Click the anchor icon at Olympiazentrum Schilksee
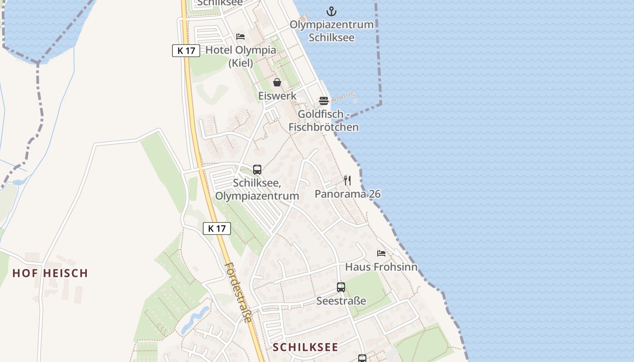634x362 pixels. (332, 11)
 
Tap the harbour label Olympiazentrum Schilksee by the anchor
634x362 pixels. (332, 31)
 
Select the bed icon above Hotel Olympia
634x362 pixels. (240, 37)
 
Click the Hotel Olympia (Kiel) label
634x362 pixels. (240, 56)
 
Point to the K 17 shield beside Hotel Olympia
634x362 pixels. (186, 51)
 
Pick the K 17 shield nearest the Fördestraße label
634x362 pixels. (217, 229)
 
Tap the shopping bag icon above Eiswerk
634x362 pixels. (277, 82)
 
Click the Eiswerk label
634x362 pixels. (277, 96)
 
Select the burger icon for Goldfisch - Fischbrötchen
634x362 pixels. (323, 100)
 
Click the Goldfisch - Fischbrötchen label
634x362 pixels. (323, 120)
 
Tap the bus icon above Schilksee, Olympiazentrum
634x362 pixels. (257, 170)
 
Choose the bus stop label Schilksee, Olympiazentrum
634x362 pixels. (257, 190)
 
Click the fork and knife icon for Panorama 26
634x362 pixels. (347, 180)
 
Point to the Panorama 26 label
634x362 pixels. (347, 194)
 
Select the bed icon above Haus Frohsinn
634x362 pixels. (381, 253)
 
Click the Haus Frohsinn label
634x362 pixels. (381, 267)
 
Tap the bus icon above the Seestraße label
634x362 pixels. (341, 287)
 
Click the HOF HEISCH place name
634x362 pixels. (50, 273)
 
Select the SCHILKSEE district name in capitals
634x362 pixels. (306, 347)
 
